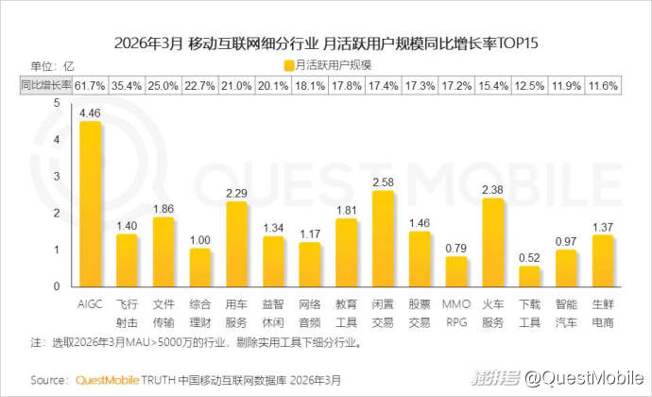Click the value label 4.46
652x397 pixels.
[91, 112]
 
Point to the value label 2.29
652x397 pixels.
[237, 193]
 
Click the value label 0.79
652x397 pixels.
[456, 248]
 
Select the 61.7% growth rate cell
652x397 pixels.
[91, 85]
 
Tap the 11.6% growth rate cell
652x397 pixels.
[603, 85]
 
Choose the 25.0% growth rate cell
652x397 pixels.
[163, 85]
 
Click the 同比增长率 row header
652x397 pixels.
[45, 85]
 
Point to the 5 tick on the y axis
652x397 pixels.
[58, 103]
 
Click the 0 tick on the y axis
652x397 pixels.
[58, 285]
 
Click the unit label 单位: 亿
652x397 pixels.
[52, 65]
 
